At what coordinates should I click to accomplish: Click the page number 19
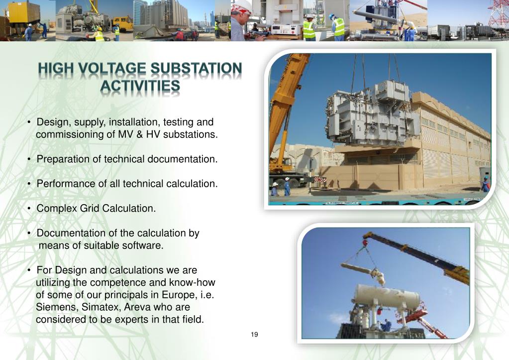pyautogui.click(x=254, y=334)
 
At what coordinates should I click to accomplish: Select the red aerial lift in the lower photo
pyautogui.click(x=423, y=319)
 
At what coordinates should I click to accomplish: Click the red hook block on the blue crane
pyautogui.click(x=365, y=243)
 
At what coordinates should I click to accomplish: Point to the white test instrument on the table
pyautogui.click(x=285, y=29)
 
